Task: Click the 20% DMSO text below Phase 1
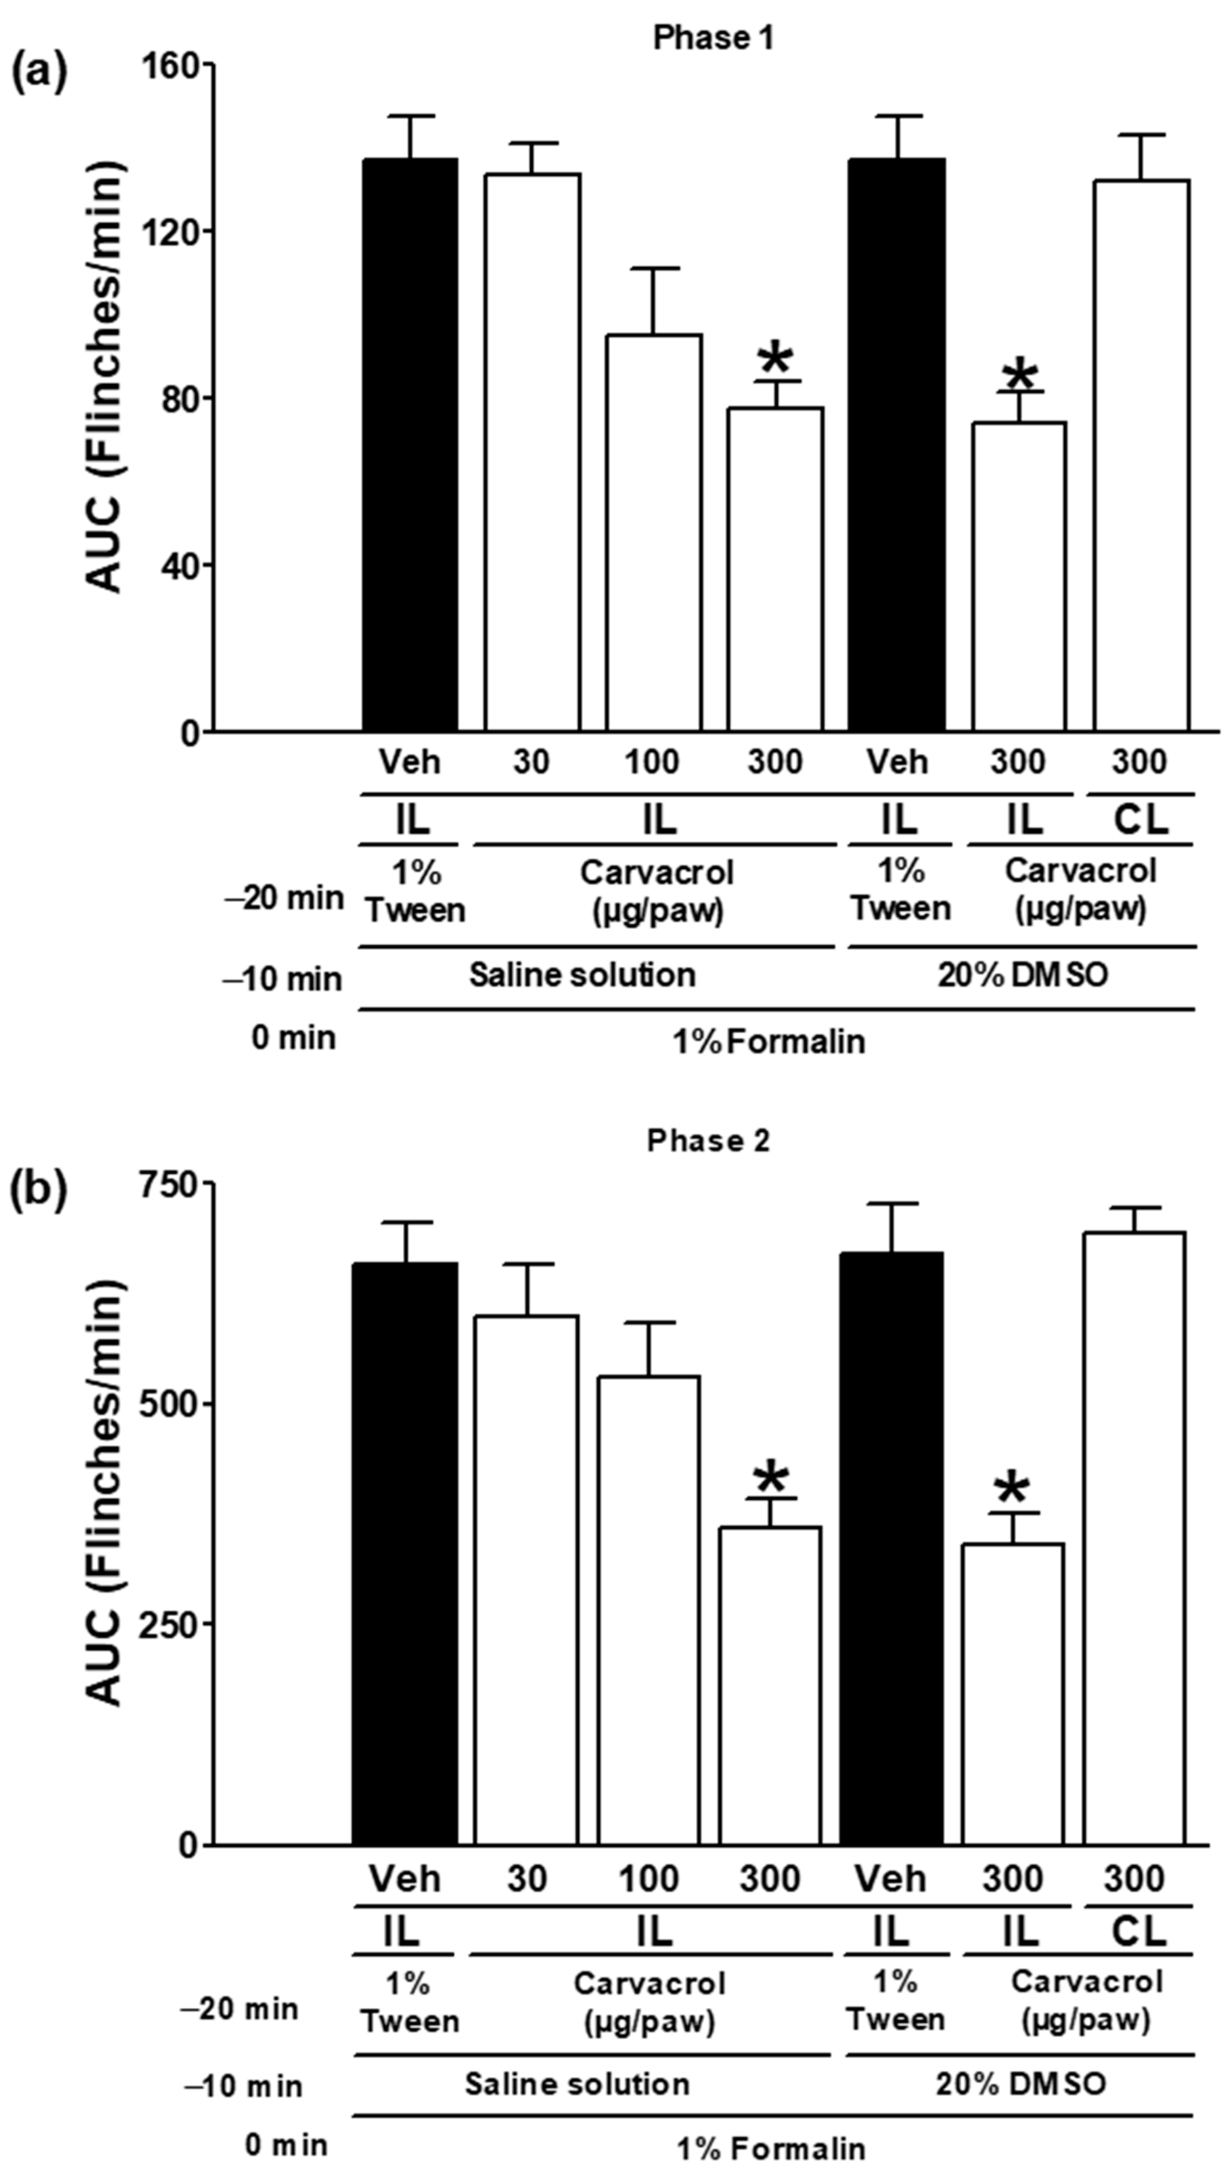1022,975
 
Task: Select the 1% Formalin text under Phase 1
769,1041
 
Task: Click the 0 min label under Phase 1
293,1038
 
